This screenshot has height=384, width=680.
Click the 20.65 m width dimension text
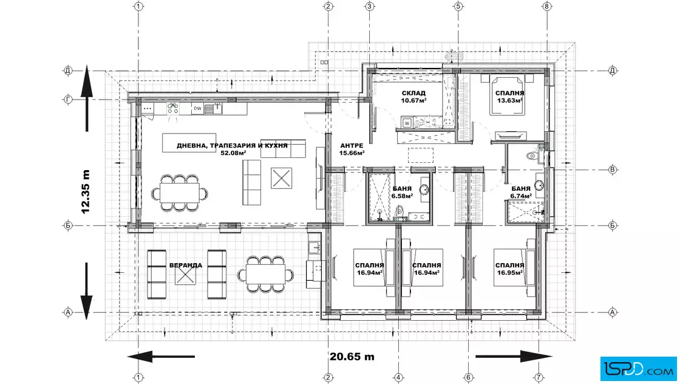click(x=352, y=357)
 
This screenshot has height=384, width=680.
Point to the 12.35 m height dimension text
click(x=86, y=191)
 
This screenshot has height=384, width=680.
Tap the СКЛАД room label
click(x=413, y=93)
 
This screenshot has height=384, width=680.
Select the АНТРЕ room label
click(x=352, y=146)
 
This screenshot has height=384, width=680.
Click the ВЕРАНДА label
click(x=186, y=265)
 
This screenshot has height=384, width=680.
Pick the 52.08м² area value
click(x=233, y=153)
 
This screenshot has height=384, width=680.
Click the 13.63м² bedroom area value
click(x=509, y=100)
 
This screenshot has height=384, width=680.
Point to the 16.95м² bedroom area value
click(x=509, y=272)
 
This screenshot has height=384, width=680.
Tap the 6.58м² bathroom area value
click(x=402, y=196)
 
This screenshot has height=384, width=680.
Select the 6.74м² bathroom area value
click(x=521, y=196)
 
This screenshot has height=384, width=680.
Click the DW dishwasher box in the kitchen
click(x=198, y=109)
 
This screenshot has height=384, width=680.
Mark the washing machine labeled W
click(x=407, y=123)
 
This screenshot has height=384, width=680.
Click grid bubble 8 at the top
click(x=546, y=6)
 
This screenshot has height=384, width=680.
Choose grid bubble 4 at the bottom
click(x=398, y=377)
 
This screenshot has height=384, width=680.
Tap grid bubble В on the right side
click(x=613, y=170)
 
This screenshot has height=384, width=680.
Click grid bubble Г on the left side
click(x=68, y=100)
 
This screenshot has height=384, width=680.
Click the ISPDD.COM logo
click(x=638, y=368)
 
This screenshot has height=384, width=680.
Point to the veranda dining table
click(x=265, y=274)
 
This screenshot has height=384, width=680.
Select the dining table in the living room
click(x=180, y=193)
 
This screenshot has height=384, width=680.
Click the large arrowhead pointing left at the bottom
click(x=140, y=357)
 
